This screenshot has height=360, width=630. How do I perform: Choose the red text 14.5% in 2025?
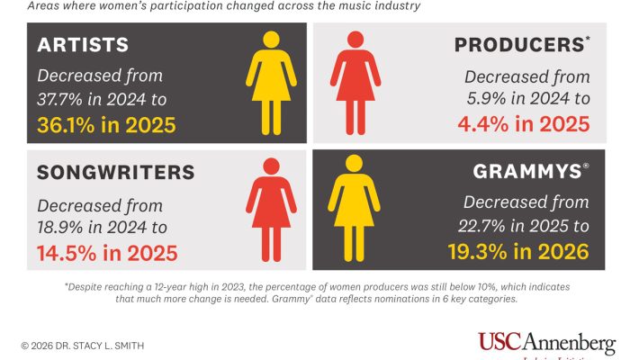coord(107,251)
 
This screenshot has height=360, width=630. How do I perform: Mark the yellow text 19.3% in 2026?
coord(517,251)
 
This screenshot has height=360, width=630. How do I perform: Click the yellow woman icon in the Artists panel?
coord(271,81)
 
